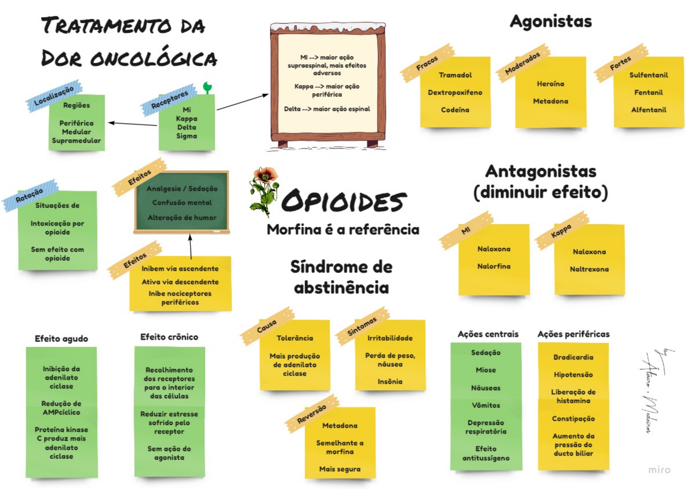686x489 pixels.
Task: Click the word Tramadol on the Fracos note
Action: [x=455, y=75]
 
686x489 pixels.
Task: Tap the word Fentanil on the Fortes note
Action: [x=648, y=92]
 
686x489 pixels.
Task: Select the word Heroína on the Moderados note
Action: [x=550, y=84]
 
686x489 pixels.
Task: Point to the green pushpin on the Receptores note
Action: [x=207, y=87]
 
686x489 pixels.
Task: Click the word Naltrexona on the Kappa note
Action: [x=589, y=269]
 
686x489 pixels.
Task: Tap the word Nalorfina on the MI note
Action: [x=494, y=266]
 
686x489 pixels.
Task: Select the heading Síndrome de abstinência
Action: [x=341, y=277]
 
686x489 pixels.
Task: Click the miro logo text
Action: [x=659, y=470]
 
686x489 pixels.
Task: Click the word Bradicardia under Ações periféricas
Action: [x=573, y=357]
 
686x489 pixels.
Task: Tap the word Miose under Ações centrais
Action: [x=486, y=370]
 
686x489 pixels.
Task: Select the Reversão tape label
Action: [x=311, y=414]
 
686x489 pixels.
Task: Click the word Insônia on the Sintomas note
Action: [x=390, y=381]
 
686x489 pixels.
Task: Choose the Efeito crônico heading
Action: [x=169, y=337]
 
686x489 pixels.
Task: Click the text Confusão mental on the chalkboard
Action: [x=182, y=203]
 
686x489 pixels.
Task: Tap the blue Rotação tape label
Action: [x=29, y=195]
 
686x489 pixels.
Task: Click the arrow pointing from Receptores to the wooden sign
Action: [x=242, y=102]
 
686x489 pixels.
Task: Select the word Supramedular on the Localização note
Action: [x=76, y=140]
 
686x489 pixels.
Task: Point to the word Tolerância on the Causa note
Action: [x=294, y=338]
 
